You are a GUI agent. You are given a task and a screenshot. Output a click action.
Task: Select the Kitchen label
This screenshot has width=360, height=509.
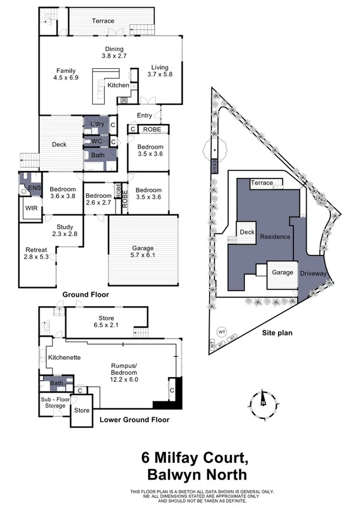click(118, 86)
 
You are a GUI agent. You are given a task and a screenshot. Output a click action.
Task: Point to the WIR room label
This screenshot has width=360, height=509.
click(30, 209)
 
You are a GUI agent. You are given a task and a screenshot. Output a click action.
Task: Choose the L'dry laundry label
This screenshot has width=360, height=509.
click(96, 124)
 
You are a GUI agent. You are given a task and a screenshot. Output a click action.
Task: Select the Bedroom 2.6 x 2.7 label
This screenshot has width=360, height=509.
click(98, 199)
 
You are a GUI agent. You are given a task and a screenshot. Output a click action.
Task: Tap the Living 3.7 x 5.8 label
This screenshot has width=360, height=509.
click(159, 71)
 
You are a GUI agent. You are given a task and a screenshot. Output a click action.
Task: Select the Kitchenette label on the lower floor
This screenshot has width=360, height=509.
click(63, 357)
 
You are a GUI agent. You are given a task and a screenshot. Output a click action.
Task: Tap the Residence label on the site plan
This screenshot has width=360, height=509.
click(276, 236)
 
